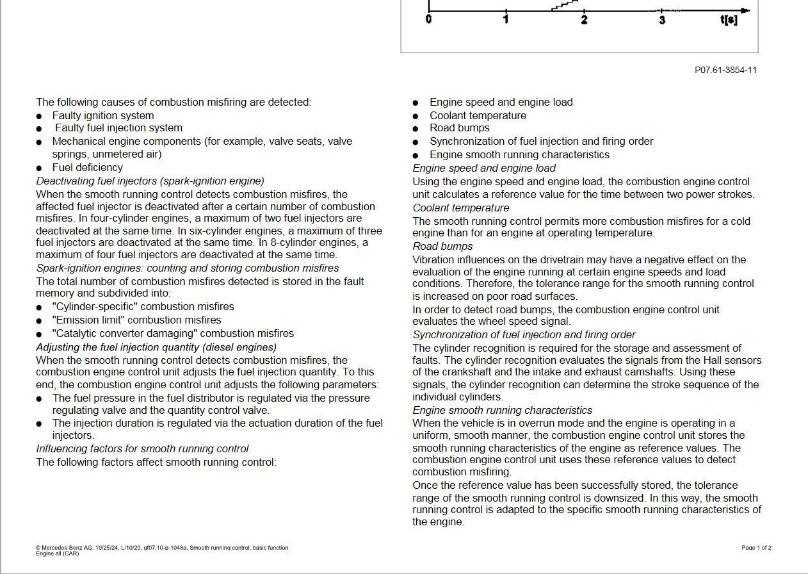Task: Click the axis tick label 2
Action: (584, 20)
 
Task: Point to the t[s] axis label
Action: (729, 20)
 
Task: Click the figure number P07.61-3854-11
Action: (725, 70)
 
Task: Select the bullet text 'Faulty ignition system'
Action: (103, 115)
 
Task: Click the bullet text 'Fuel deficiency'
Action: (88, 167)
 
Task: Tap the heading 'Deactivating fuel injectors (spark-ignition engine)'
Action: (150, 181)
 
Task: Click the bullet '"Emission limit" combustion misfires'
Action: (137, 320)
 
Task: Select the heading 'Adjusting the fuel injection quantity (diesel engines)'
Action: (156, 347)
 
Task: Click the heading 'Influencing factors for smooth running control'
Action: (142, 448)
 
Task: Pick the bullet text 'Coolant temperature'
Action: (478, 115)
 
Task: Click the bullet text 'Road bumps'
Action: (460, 127)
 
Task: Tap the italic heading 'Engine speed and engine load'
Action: (484, 168)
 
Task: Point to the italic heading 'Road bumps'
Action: (442, 246)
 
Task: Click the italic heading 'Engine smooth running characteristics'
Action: (503, 410)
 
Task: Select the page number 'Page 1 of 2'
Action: (756, 548)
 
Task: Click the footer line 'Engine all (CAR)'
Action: (58, 553)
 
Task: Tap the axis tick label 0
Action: (428, 20)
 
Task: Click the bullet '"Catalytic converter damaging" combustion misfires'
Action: (173, 333)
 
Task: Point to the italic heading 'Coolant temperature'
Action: (461, 208)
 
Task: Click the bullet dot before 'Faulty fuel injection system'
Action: (39, 129)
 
